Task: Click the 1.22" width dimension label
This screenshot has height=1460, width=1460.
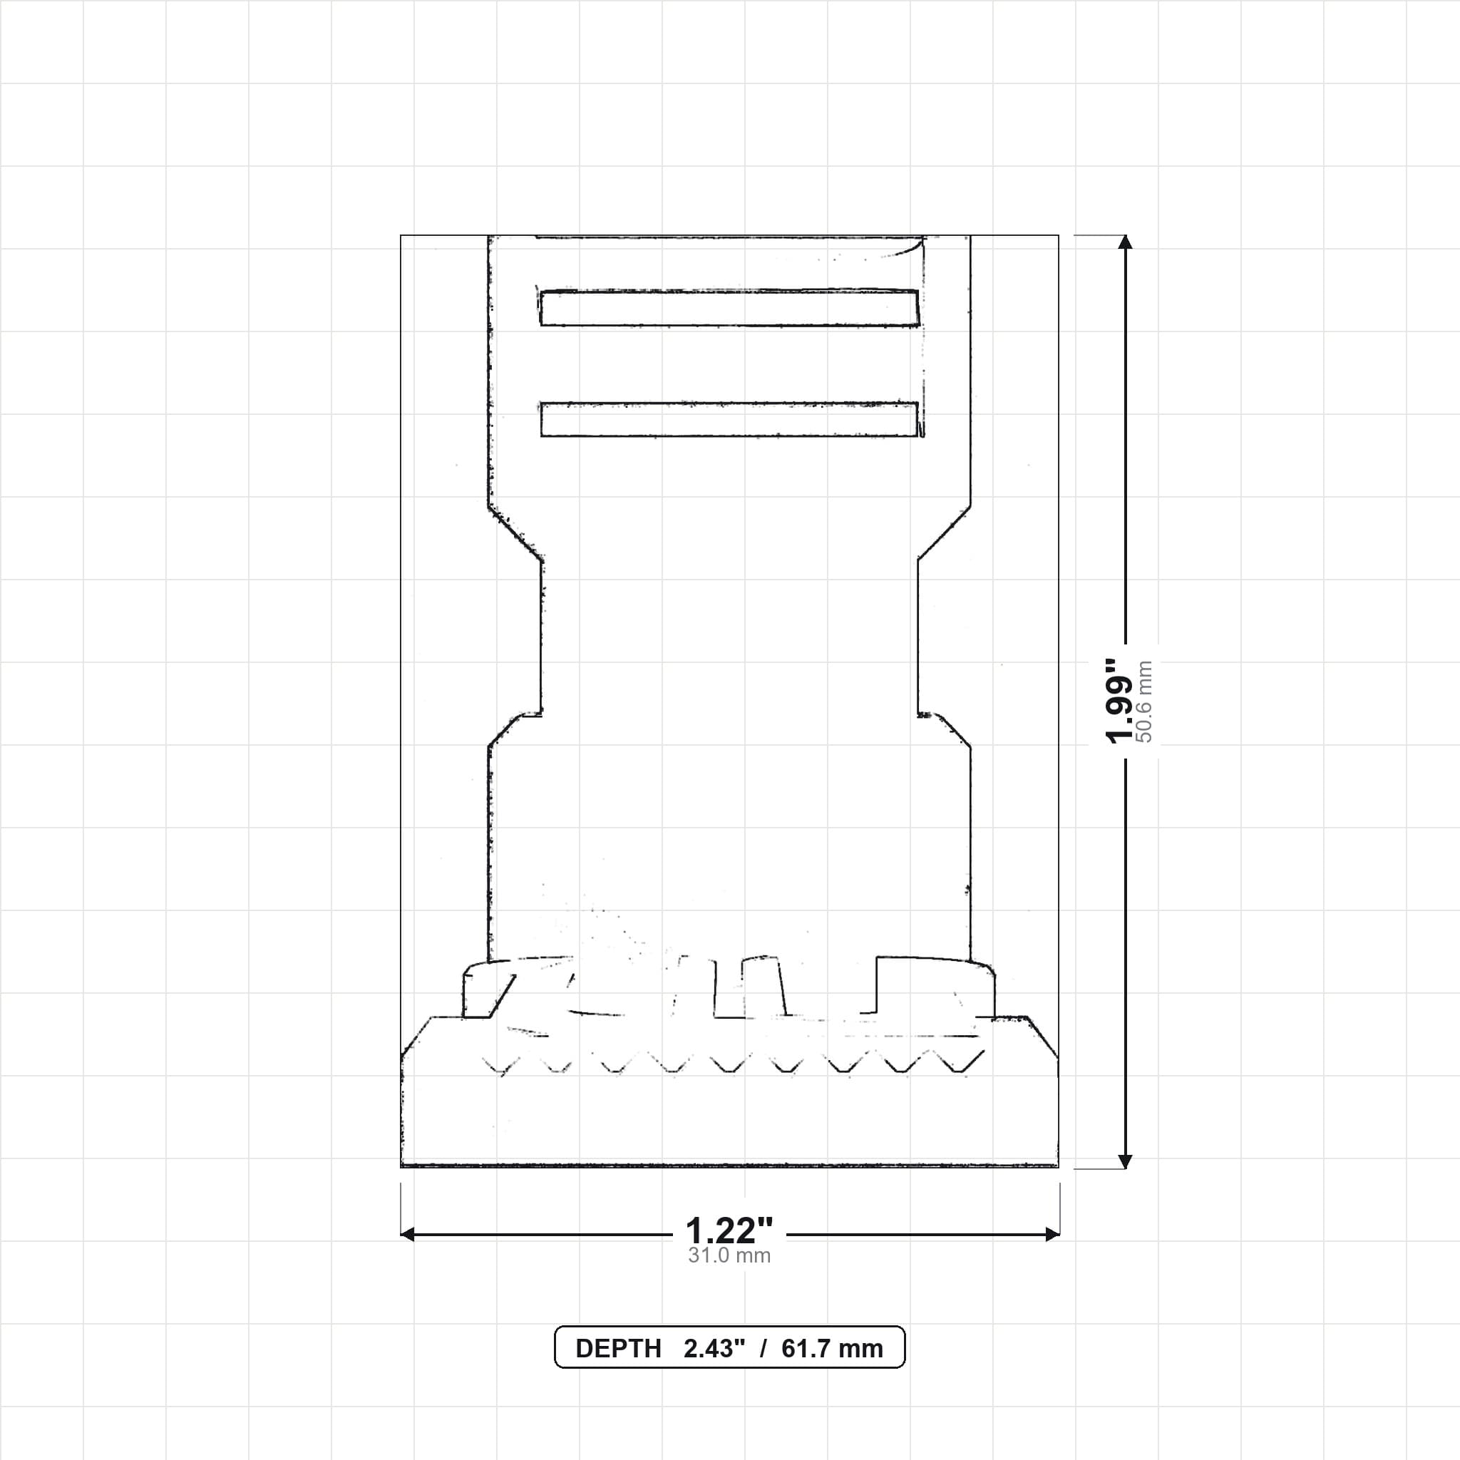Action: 729,1232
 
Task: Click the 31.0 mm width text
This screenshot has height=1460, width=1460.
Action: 729,1256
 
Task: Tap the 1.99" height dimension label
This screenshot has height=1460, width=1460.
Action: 1119,701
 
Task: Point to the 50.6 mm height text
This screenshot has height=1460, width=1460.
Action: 1144,701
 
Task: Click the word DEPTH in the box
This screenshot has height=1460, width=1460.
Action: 618,1349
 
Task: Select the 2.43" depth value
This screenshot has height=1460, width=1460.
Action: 714,1349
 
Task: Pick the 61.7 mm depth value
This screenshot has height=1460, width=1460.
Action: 832,1349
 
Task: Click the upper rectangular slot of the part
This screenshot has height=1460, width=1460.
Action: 730,308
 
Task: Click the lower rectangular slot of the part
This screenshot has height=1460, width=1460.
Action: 730,419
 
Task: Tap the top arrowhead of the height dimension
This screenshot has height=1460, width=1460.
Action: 1125,242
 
